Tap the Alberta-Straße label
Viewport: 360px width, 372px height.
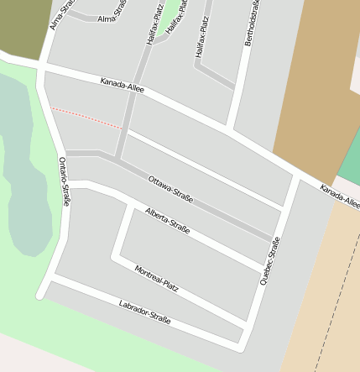coord(167,220)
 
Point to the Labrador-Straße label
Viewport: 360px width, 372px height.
coord(144,312)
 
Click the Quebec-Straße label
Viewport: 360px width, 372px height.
coord(269,261)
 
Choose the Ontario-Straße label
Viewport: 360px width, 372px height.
coord(65,181)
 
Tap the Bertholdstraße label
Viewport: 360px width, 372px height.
coord(251,23)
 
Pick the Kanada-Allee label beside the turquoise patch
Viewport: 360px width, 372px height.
coord(339,198)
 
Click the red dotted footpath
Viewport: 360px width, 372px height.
coord(87,118)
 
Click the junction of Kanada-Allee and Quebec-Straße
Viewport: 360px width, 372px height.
coord(295,179)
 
